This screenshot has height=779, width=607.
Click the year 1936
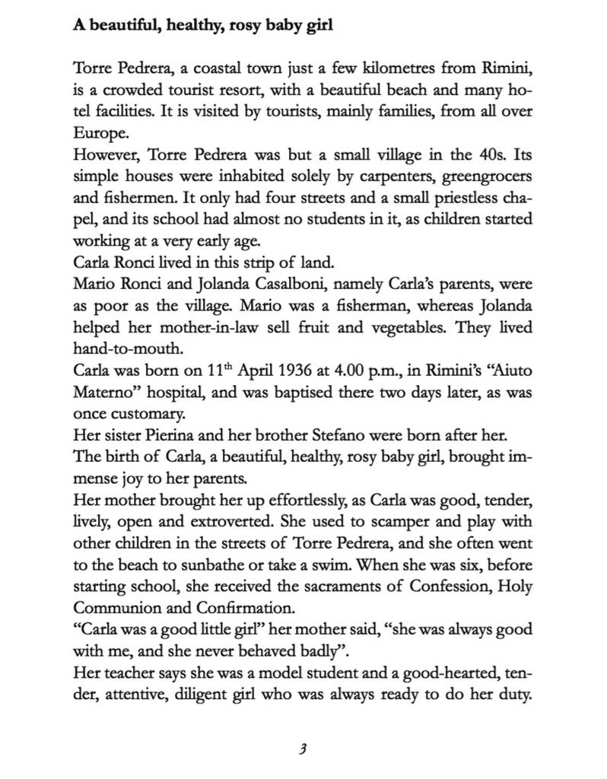coord(281,372)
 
